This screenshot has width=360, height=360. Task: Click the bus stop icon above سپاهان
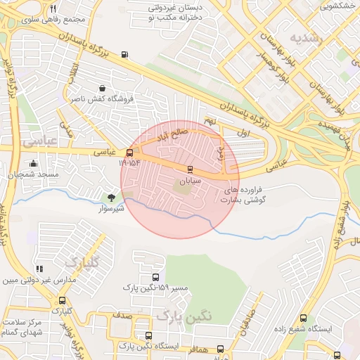pyautogui.click(x=190, y=169)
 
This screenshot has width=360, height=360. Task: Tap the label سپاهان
pyautogui.click(x=189, y=181)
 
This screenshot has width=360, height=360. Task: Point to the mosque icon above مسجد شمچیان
pyautogui.click(x=33, y=163)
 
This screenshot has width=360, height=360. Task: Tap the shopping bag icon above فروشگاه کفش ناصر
pyautogui.click(x=103, y=89)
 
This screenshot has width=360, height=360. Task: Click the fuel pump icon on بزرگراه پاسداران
pyautogui.click(x=124, y=54)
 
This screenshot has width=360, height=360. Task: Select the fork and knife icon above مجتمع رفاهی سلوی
pyautogui.click(x=53, y=8)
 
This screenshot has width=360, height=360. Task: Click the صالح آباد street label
pyautogui.click(x=172, y=132)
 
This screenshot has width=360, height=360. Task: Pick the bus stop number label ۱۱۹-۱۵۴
pyautogui.click(x=129, y=163)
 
